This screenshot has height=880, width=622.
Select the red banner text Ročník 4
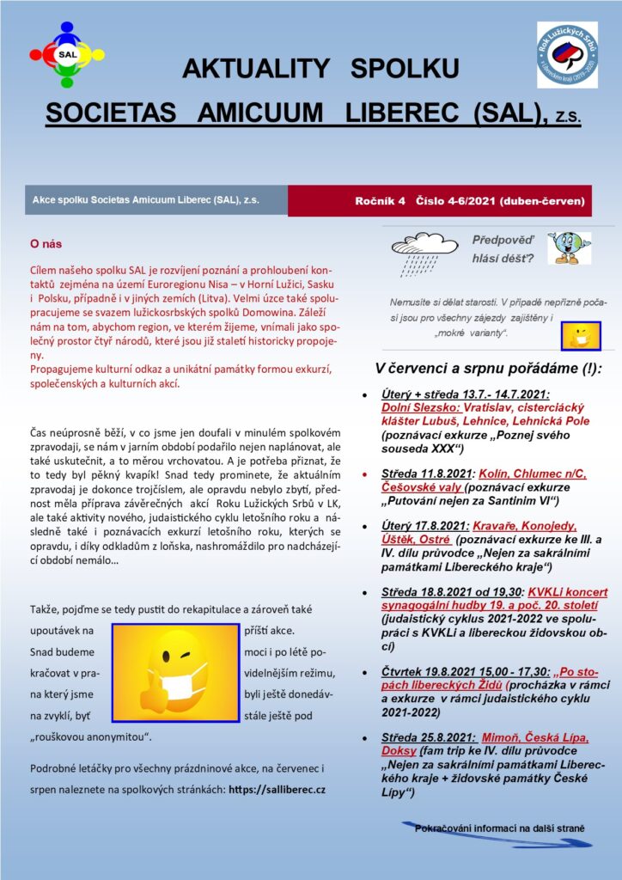[x=383, y=201]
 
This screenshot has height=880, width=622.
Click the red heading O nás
[x=46, y=244]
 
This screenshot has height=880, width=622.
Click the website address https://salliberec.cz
[x=284, y=788]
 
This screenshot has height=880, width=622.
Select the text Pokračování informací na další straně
[x=500, y=828]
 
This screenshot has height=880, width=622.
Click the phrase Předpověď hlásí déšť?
[x=503, y=249]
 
